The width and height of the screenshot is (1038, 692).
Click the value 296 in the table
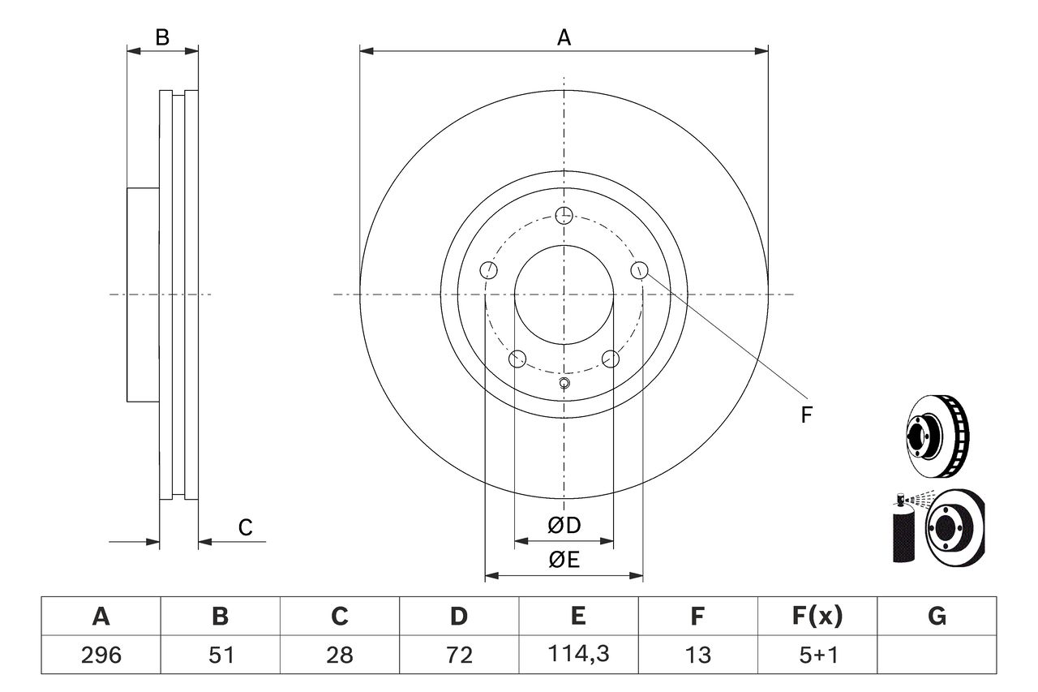click(x=101, y=655)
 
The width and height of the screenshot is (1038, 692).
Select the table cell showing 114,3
click(x=578, y=655)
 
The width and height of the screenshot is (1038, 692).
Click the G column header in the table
click(x=937, y=617)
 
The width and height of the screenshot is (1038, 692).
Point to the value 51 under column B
click(x=220, y=655)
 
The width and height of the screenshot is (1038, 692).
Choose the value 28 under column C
click(x=339, y=655)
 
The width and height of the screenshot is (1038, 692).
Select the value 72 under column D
click(x=458, y=655)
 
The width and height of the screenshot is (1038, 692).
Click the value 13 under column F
click(x=697, y=655)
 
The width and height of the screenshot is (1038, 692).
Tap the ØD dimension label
click(x=564, y=526)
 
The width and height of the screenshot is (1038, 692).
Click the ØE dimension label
click(x=564, y=560)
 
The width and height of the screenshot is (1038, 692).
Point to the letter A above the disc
click(x=564, y=37)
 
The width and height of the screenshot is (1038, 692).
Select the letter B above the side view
click(x=162, y=37)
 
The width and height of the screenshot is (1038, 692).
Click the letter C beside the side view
click(x=245, y=528)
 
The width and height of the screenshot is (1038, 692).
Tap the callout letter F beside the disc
click(x=806, y=415)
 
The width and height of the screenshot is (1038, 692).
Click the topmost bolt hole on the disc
click(x=564, y=215)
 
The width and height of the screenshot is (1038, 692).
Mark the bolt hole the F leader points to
click(x=640, y=270)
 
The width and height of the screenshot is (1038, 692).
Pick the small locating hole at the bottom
click(x=564, y=384)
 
